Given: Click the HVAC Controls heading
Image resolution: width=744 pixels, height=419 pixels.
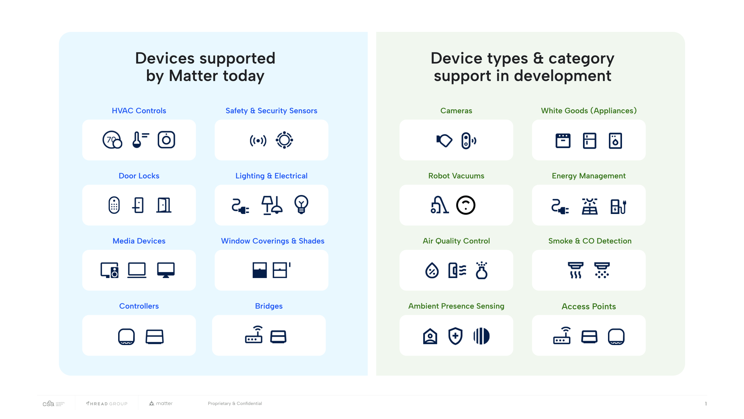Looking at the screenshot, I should pos(139,111).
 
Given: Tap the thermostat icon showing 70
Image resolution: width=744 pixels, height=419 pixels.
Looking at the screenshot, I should pos(112,140).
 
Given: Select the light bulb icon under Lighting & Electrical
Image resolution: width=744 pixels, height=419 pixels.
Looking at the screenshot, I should pos(301,204).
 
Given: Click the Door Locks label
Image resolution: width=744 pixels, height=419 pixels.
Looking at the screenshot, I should pos(139,176).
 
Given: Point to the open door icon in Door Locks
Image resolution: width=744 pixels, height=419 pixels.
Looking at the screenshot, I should pos(164,205).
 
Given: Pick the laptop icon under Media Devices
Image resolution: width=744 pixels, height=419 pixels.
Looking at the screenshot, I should pos(137,270).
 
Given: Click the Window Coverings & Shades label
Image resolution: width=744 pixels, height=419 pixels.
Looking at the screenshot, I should pos(272,241).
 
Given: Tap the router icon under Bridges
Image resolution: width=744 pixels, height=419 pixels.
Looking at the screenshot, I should pos(254,335).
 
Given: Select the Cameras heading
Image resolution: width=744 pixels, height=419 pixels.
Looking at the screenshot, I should pos(456,111).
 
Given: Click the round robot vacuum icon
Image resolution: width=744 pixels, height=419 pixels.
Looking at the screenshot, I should pos(465,205).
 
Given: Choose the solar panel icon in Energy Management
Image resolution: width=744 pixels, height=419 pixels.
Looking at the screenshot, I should pos(589,206).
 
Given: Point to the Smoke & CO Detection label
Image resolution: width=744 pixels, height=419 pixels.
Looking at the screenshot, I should pos(590,241).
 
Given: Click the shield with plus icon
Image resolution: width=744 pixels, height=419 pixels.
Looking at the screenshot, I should pos(455,336).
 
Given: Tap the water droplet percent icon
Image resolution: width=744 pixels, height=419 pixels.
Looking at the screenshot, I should pos(432,270).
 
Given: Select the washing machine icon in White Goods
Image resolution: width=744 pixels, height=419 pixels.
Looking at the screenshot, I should pos(615,140).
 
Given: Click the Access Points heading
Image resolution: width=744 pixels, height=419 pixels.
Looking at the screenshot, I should pos(588,306).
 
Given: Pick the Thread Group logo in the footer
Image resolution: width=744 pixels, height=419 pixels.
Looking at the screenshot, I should pos(107,404).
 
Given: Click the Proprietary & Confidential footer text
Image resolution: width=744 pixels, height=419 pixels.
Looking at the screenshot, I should pos(235,404).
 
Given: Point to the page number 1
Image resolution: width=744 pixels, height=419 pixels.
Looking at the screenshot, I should pos(706,404).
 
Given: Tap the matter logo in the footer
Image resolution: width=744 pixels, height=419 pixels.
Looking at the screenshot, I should pos(161,404).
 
